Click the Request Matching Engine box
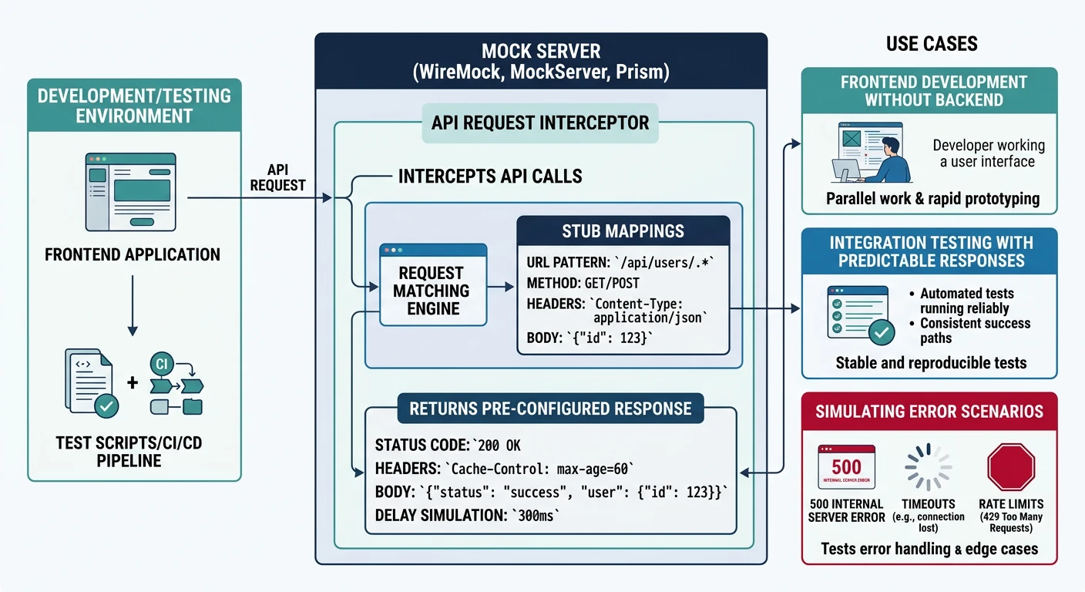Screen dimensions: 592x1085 click(x=432, y=291)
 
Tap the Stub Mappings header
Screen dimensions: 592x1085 click(x=623, y=231)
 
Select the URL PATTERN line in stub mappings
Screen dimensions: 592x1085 click(x=621, y=261)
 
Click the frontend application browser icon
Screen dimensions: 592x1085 click(x=131, y=192)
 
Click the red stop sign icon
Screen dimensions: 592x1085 click(x=1010, y=467)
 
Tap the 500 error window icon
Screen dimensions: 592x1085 click(x=846, y=467)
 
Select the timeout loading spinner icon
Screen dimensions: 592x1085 click(x=928, y=467)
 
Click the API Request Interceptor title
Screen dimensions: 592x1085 click(x=540, y=123)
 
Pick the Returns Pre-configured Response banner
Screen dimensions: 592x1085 click(x=550, y=409)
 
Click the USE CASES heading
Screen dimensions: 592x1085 click(x=932, y=44)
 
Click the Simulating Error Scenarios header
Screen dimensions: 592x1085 click(x=929, y=411)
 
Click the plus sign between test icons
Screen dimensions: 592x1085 click(x=133, y=382)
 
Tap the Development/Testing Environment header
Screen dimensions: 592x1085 click(x=134, y=106)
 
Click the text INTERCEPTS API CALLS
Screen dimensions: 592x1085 click(x=489, y=177)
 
